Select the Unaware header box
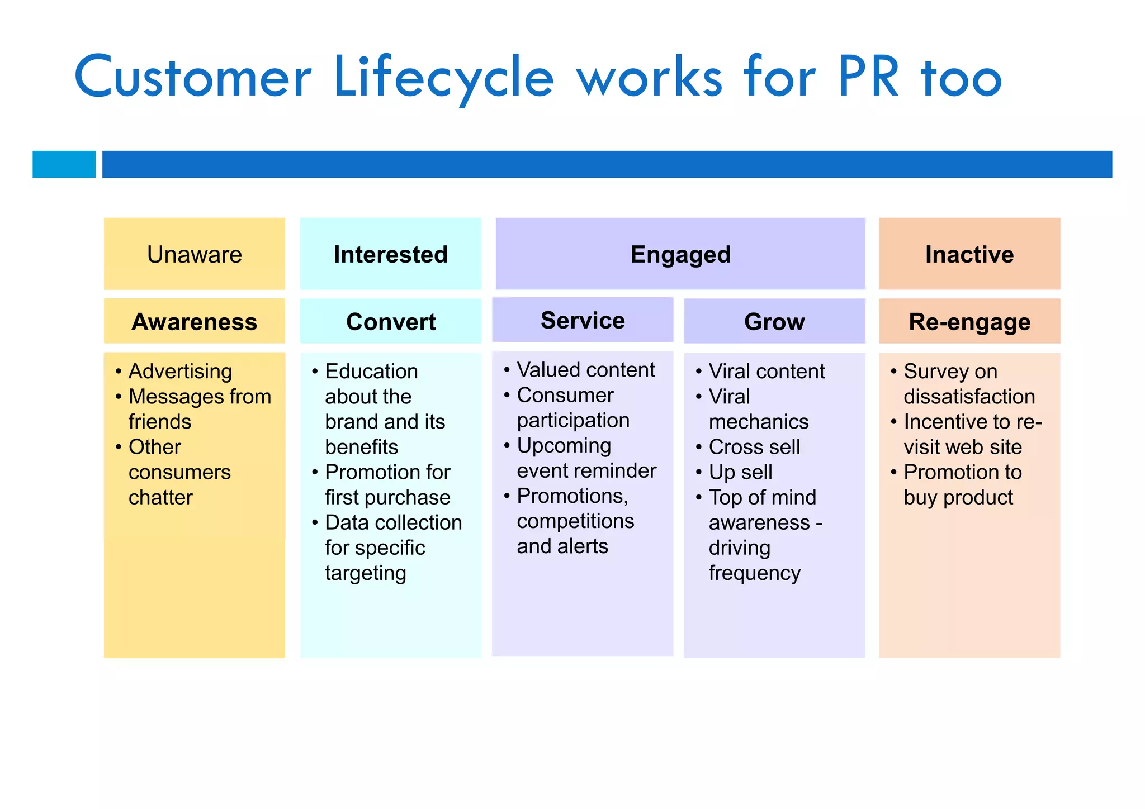point(194,254)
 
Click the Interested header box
point(390,254)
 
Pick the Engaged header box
point(680,254)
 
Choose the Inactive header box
point(969,254)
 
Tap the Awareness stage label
point(194,322)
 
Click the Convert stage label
point(390,322)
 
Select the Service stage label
point(582,320)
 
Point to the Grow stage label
point(774,322)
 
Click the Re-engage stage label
point(969,322)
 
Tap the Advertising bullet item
point(180,372)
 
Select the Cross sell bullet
point(754,447)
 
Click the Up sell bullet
point(740,472)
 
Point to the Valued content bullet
point(585,370)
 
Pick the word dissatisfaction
point(969,397)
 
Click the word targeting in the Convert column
point(365,573)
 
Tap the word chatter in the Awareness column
point(160,497)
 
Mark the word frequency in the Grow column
point(754,573)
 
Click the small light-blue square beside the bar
point(64,164)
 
